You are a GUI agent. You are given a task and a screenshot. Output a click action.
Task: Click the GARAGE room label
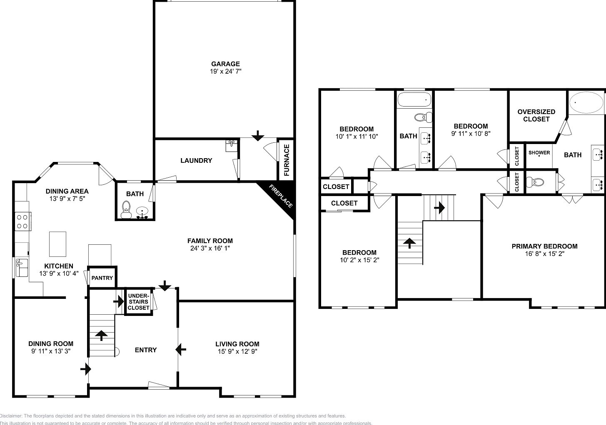coord(225,64)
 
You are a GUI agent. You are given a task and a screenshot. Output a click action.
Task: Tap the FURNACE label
coord(287,160)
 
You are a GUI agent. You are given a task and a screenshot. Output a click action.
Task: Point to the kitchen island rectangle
coord(58,244)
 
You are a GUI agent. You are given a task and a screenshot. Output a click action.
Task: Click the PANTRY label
coord(102,278)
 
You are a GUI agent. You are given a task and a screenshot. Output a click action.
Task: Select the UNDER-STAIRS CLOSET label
coord(138,302)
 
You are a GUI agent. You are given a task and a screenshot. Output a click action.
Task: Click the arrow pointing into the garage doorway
coord(258,135)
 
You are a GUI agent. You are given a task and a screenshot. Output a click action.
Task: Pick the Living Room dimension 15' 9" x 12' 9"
coord(237,351)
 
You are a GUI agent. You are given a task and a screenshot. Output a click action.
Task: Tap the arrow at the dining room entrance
coord(86,369)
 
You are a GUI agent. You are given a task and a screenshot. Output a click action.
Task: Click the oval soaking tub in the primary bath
coord(586,103)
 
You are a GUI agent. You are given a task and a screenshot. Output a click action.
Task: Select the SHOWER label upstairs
coord(539,152)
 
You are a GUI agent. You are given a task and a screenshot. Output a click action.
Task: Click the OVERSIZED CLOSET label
coord(536,115)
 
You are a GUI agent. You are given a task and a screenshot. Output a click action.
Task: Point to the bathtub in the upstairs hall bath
coord(414,100)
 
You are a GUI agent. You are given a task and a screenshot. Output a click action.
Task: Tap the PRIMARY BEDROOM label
coord(544,246)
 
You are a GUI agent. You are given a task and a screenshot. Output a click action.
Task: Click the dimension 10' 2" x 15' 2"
coord(359,260)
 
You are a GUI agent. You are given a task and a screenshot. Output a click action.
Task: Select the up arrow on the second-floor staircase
coord(410,243)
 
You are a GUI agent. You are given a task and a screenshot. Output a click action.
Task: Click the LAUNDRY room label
coord(196,160)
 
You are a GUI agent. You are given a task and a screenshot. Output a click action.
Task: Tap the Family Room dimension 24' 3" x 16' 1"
coord(210,248)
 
